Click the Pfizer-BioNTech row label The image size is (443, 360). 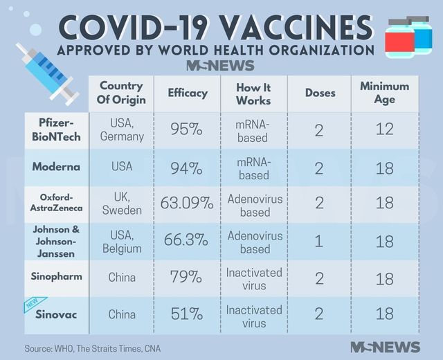click(x=56, y=129)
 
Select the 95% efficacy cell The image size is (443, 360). click(x=187, y=129)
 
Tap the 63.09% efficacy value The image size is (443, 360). click(x=187, y=204)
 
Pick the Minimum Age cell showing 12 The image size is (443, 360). click(x=384, y=129)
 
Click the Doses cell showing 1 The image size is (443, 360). click(x=319, y=241)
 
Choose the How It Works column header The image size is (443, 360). click(x=253, y=93)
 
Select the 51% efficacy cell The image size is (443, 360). click(x=187, y=314)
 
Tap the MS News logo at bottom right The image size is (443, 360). click(x=385, y=347)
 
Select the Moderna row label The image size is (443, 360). click(x=56, y=167)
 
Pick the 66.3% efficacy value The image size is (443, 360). click(x=187, y=241)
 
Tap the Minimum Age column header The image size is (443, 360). click(x=384, y=93)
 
